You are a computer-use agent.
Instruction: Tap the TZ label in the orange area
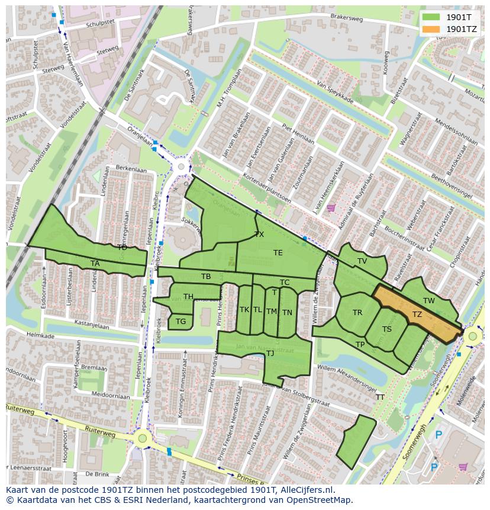coord(417,315)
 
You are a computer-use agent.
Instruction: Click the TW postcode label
coord(429,301)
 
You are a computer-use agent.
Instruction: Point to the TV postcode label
coord(362,261)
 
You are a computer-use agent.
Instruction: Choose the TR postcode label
coord(357,313)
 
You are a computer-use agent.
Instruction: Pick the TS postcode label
coord(387,329)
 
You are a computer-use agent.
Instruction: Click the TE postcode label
coord(278,253)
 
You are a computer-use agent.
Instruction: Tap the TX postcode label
coord(259,235)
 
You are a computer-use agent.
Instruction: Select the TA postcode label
coord(95,264)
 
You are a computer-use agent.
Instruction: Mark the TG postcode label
coord(181,322)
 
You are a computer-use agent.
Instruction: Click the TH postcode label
coord(188,297)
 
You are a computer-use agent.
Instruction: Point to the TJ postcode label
coord(270,354)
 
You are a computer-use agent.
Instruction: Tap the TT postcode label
coord(380,397)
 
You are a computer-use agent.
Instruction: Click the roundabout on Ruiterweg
coord(142,439)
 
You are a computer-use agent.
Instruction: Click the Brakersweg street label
coord(347,18)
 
